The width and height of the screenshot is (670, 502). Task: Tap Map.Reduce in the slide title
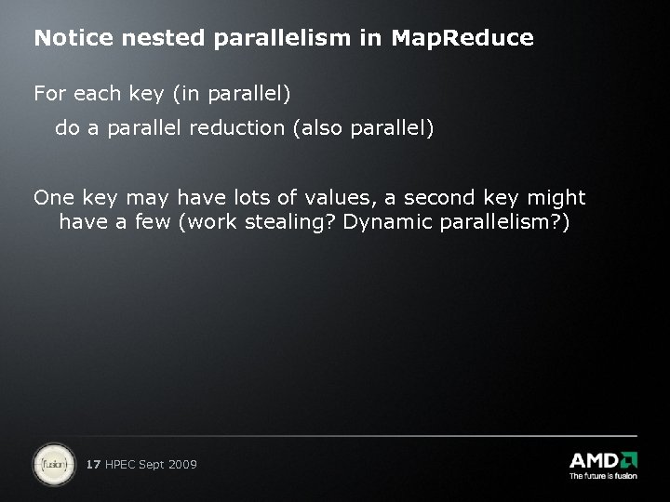462,38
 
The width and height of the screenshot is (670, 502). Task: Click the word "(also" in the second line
319,127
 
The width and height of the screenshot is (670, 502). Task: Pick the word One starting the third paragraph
51,197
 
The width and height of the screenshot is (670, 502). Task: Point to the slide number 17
93,464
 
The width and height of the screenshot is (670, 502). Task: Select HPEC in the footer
121,464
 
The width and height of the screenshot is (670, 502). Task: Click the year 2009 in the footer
181,464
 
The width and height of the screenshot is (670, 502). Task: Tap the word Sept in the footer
152,464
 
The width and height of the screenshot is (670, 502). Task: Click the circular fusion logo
54,464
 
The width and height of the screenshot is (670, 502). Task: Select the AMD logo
603,460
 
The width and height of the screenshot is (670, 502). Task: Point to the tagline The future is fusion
603,476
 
